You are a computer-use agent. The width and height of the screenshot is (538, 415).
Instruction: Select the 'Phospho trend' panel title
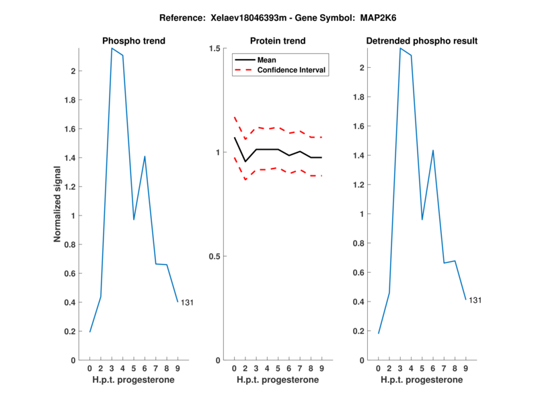click(x=133, y=41)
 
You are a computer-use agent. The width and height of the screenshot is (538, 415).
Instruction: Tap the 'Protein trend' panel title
click(x=277, y=41)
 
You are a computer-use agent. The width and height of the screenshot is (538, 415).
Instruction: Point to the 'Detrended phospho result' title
click(x=422, y=41)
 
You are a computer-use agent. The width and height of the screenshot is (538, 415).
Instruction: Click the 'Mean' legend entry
click(x=266, y=60)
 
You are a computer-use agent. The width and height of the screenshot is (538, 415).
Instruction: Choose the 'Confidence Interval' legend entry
click(x=292, y=70)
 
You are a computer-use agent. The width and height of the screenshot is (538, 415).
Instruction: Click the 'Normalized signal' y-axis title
click(x=59, y=204)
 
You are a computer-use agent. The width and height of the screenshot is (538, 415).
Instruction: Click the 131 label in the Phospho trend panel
click(x=187, y=303)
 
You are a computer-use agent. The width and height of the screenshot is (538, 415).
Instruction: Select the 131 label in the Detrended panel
click(x=475, y=300)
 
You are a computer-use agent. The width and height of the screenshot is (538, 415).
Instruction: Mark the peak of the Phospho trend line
click(x=112, y=48)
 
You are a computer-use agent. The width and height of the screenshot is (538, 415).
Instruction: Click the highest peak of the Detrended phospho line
click(x=400, y=48)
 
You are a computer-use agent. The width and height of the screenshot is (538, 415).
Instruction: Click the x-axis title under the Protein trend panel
click(x=277, y=380)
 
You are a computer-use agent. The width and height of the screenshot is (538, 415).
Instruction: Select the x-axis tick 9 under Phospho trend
click(x=178, y=369)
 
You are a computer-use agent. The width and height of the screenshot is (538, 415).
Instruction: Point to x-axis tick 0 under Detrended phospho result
click(x=379, y=369)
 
